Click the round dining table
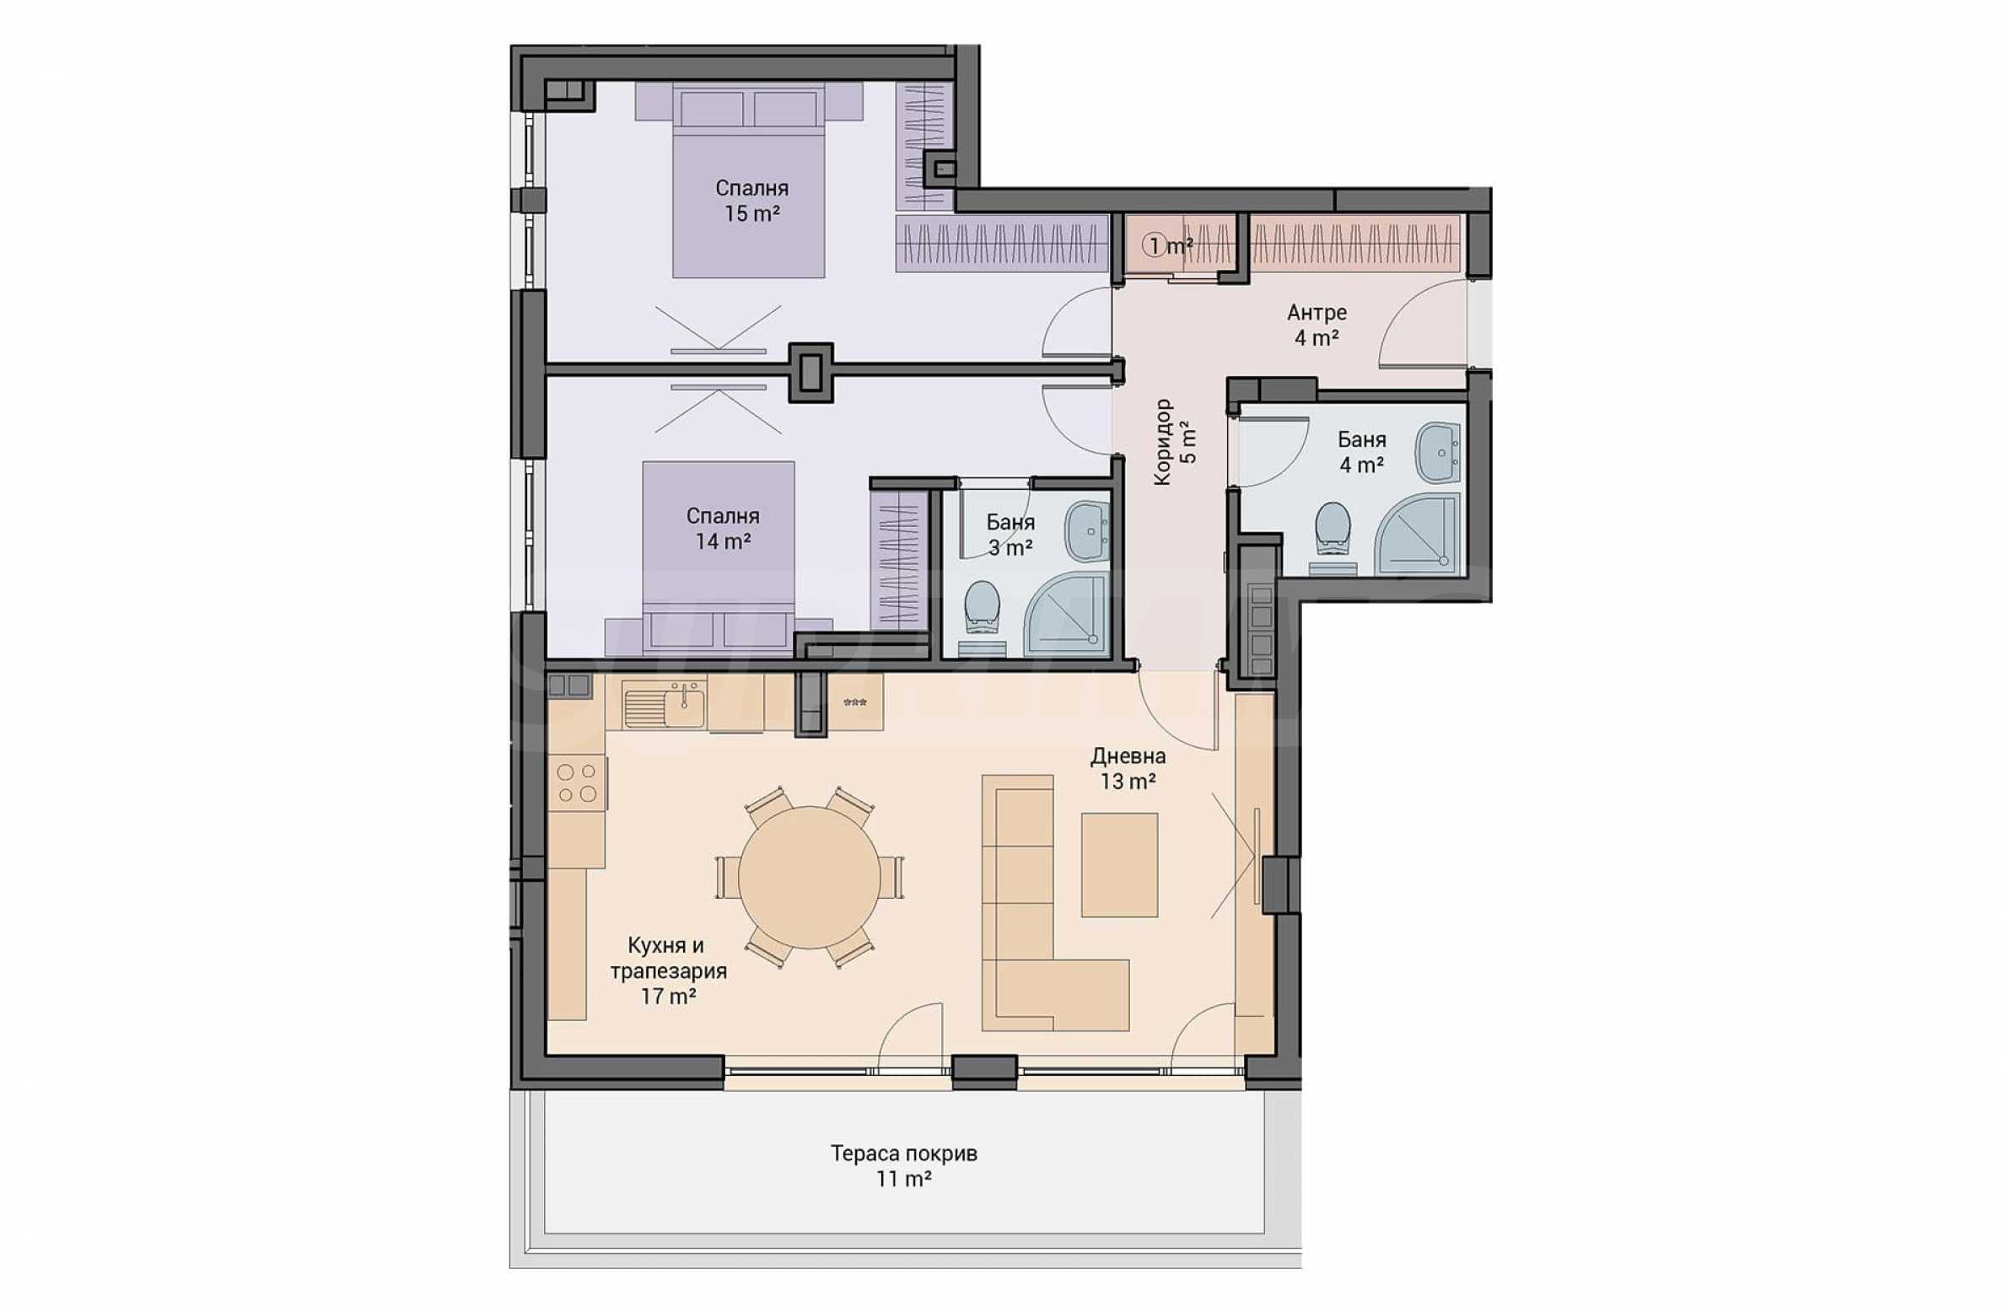[x=809, y=877]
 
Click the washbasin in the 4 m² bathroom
[x=1437, y=453]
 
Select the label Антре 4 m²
[x=1316, y=325]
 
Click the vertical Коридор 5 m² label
[x=1174, y=442]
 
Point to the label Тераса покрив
[x=903, y=1153]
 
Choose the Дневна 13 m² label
[x=1128, y=768]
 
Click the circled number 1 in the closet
[x=1153, y=246]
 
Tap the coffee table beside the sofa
[x=1119, y=864]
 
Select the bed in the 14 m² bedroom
[x=719, y=558]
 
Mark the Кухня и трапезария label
[x=668, y=959]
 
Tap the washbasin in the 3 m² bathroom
[x=1088, y=530]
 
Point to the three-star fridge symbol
[x=855, y=702]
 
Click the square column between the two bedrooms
[x=810, y=372]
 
